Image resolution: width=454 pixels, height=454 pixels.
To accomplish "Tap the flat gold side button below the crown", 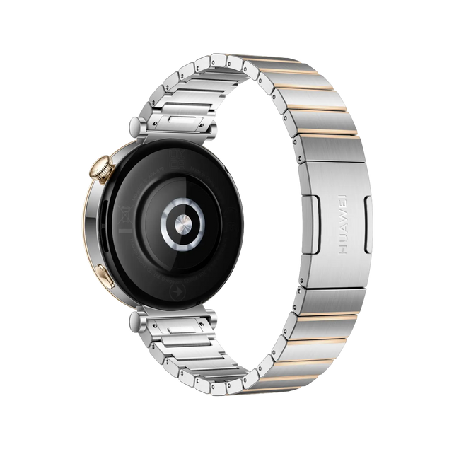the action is pos(105,277).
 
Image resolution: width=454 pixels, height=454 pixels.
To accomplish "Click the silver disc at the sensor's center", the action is pos(183,224).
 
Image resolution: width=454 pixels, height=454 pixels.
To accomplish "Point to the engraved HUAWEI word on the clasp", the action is pos(343,224).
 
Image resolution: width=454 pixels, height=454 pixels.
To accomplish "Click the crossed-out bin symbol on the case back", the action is pos(125,215).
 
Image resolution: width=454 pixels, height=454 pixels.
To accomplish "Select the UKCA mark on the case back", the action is pos(177,160).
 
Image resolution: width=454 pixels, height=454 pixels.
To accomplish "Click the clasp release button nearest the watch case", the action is pos(310,224).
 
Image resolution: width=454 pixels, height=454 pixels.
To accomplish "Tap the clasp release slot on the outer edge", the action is pos(368,224).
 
